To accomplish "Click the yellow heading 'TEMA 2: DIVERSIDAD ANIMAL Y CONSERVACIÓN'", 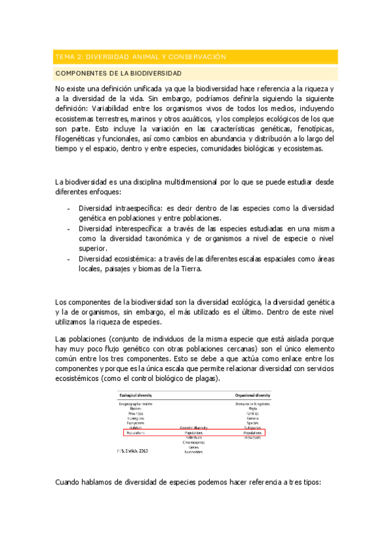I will coord(141,57).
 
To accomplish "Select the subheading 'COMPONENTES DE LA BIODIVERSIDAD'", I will coord(118,73).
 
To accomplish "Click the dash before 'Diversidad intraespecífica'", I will coord(69,209).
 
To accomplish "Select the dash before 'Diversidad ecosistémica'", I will coord(69,259).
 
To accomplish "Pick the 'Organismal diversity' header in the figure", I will coord(253,395).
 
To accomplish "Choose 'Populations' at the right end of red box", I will coord(253,432).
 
